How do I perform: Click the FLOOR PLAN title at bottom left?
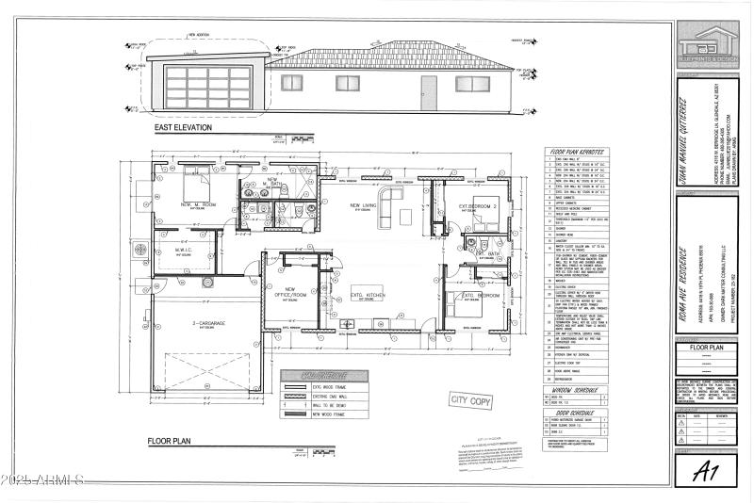[x=171, y=441]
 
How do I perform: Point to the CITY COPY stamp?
[x=471, y=401]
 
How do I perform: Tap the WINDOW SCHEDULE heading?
[x=575, y=390]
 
